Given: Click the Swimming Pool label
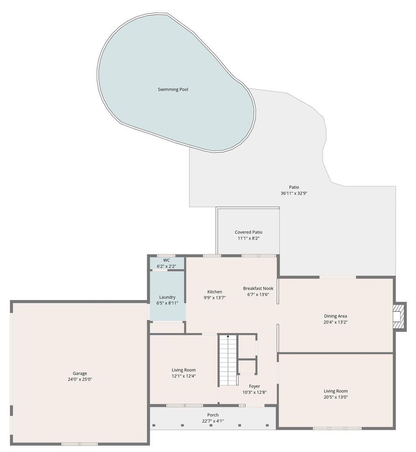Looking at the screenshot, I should (x=173, y=89).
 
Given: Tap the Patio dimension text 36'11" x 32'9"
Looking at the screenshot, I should (x=294, y=193).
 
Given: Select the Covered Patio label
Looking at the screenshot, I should (x=248, y=232).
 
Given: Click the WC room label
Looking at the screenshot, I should (x=167, y=260).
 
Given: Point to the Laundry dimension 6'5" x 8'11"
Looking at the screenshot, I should (x=167, y=303).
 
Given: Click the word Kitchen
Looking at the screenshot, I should (x=214, y=291).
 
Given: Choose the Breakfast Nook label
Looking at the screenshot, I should (x=258, y=288).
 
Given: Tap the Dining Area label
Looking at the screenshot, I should (x=335, y=316).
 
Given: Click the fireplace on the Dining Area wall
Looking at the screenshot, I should (x=399, y=316).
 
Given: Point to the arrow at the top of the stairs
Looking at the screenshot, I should (x=228, y=337).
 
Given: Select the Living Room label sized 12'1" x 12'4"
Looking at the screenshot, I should (x=184, y=370).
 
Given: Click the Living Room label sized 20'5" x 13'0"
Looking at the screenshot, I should (x=336, y=391).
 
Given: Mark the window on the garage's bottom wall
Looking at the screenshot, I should (x=80, y=443).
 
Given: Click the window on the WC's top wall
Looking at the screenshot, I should (x=166, y=256).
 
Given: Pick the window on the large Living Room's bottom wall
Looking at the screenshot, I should (x=337, y=428).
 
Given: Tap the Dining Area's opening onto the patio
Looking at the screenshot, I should (x=338, y=277).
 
